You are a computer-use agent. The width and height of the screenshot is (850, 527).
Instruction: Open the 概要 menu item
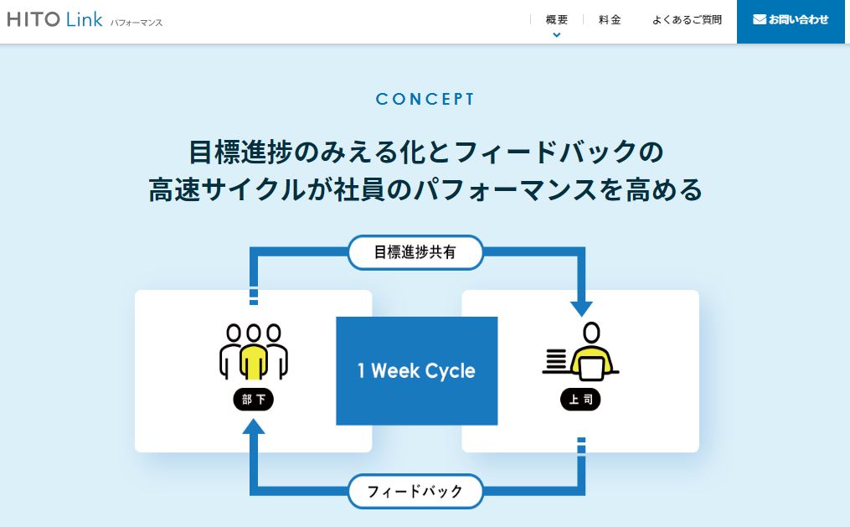(556, 19)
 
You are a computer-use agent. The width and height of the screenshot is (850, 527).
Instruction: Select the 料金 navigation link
(610, 19)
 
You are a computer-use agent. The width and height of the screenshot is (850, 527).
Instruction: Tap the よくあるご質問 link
(687, 19)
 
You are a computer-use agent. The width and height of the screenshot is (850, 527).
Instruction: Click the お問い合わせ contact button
(791, 19)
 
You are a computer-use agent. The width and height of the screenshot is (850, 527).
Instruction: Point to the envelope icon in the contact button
(760, 19)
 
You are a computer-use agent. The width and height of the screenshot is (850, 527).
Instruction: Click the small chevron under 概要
(556, 34)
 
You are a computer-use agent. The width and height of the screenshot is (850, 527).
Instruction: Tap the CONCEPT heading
(425, 99)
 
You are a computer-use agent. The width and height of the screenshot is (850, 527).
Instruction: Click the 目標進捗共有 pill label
(415, 252)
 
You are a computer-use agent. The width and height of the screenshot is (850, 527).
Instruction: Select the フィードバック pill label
(415, 491)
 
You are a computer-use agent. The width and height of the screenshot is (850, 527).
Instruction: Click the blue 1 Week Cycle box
(416, 370)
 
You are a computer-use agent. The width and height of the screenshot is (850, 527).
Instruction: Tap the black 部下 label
(253, 400)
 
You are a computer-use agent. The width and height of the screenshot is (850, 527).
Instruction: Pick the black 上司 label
(580, 400)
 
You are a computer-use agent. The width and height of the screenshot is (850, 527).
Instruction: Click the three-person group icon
(253, 351)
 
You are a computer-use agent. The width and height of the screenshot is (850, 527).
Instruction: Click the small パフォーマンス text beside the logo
(137, 23)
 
